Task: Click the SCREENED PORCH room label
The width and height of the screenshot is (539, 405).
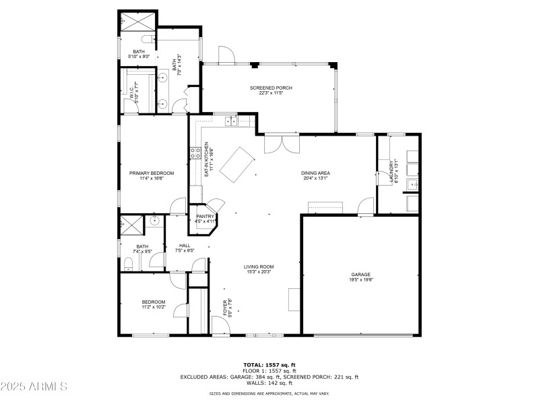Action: coord(269,88)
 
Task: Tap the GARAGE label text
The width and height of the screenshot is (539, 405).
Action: coord(360,274)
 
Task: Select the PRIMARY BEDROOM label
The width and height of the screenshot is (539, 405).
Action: coord(152,173)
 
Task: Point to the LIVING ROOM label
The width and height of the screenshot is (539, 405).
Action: coord(259,267)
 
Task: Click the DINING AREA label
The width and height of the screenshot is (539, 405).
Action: coord(315,173)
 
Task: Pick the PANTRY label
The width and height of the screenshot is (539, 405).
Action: coord(205,216)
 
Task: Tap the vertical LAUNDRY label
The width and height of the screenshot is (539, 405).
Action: coord(391,171)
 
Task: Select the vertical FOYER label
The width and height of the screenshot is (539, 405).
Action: coord(225,308)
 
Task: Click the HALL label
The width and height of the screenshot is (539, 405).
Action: coord(185,245)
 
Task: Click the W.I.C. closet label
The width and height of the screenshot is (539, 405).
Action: coord(132,92)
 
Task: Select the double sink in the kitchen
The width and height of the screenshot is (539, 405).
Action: coord(231,122)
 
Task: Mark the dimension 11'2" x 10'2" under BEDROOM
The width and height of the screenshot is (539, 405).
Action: coord(153,307)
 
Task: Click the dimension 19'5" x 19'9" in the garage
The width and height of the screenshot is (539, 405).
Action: coord(360,279)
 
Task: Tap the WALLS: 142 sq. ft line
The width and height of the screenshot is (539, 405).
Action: coord(269,383)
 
